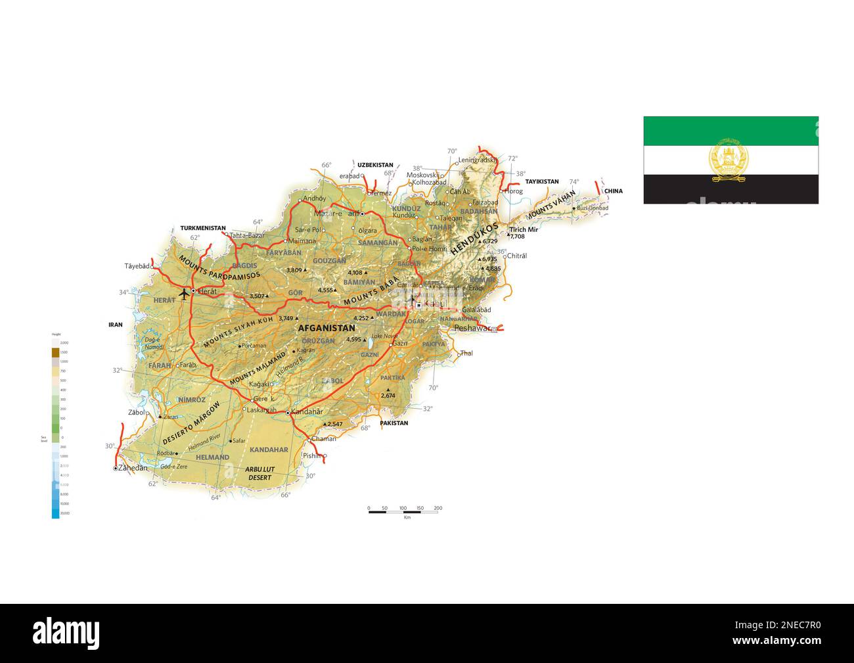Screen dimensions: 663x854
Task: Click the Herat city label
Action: click(x=208, y=290)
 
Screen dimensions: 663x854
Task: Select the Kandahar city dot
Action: click(x=288, y=413)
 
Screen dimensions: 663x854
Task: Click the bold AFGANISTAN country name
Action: click(x=326, y=328)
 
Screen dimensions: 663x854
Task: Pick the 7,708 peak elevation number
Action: click(x=517, y=236)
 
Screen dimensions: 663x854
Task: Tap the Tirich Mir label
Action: click(x=524, y=229)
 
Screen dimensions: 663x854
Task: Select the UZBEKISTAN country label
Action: click(x=375, y=165)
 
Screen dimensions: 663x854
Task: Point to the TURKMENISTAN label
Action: click(x=203, y=228)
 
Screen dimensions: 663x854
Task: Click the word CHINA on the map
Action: click(x=613, y=191)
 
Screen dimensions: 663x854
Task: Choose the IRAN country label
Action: click(x=116, y=325)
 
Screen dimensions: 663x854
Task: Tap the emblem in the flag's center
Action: click(x=730, y=160)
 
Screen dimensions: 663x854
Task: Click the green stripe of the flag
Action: click(x=730, y=131)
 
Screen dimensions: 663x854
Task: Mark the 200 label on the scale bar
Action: click(x=438, y=508)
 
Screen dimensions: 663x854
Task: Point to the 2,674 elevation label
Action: click(x=388, y=396)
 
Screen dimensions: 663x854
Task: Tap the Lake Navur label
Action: click(x=385, y=336)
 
